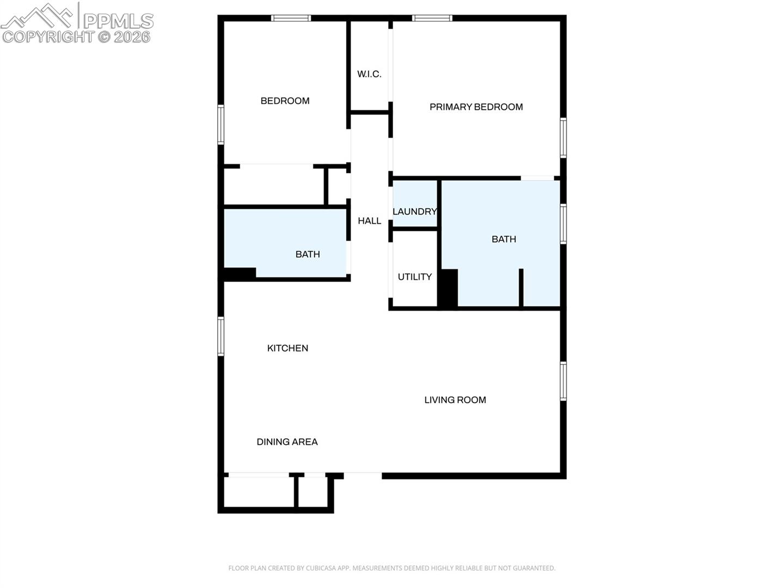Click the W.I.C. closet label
pos(369,74)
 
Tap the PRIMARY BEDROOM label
pos(476,107)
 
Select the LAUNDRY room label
pos(414,211)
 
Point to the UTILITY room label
pos(414,277)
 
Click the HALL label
pos(369,221)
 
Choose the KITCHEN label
pos(287,348)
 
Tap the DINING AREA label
pos(287,442)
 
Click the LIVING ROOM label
pos(455,400)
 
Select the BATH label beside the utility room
pos(504,239)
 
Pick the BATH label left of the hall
pos(308,254)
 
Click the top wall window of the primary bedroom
pos(432,18)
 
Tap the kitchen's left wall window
pos(220,336)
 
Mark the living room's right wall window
pos(563,381)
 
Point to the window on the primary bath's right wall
pos(563,224)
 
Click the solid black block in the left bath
pos(240,273)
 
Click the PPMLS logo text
pos(119,21)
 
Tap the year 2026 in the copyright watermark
pos(132,37)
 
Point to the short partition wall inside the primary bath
pos(521,288)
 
